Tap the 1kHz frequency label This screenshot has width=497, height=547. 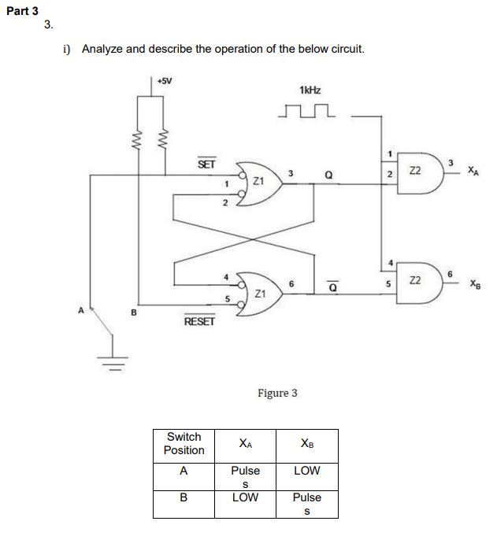tap(310, 91)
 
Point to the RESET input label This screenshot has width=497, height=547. tap(198, 322)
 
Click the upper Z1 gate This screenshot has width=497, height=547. tap(257, 179)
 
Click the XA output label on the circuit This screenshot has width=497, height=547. tap(471, 170)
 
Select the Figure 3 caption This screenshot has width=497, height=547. tap(277, 392)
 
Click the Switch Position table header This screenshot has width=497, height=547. tap(184, 443)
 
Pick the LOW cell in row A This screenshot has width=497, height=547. tap(306, 470)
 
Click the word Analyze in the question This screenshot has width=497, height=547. tap(102, 49)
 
